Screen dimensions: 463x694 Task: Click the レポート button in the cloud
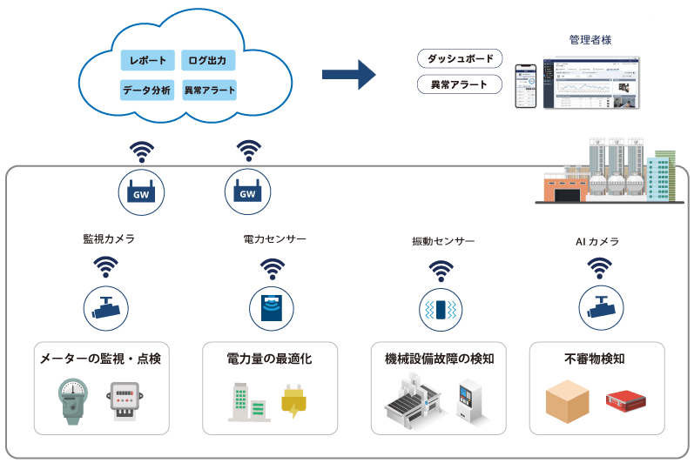(x=147, y=61)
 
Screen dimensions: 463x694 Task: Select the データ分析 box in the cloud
(x=147, y=89)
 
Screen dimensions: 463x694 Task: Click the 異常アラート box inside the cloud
(x=210, y=89)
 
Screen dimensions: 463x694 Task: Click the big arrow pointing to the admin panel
(x=348, y=74)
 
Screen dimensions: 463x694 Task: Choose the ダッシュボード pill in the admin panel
(x=461, y=59)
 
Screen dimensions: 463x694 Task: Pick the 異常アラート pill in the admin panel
(x=461, y=85)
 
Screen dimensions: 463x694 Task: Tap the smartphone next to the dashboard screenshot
(x=526, y=85)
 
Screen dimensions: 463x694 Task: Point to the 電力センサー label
(x=275, y=238)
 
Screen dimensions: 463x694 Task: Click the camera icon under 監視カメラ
(x=107, y=307)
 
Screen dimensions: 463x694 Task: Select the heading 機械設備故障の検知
(x=440, y=358)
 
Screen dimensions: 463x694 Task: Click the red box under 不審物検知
(x=628, y=401)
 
